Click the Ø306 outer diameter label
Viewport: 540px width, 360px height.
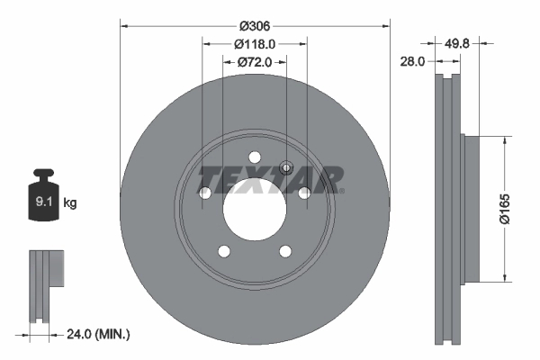tap(255, 15)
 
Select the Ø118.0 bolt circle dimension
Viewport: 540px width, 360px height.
tap(255, 43)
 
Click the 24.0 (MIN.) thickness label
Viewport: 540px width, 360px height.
tap(99, 335)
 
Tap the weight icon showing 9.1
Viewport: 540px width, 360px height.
tap(44, 199)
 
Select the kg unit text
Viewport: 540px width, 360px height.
tap(70, 203)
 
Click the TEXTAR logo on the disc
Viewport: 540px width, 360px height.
tap(270, 179)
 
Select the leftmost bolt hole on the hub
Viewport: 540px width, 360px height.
tap(205, 193)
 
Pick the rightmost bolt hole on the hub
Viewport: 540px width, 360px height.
tap(304, 193)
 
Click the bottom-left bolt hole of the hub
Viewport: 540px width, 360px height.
tap(224, 251)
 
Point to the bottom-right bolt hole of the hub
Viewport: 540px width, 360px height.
tap(285, 251)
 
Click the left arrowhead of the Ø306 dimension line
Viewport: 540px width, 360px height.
tap(123, 26)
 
